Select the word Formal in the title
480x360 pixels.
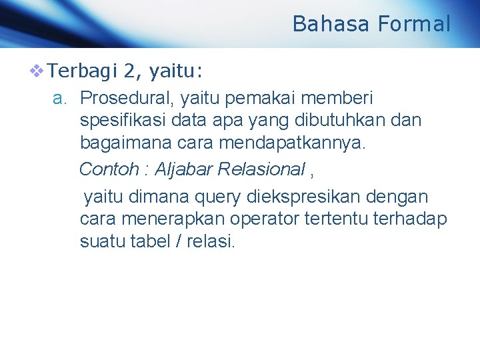pyautogui.click(x=414, y=24)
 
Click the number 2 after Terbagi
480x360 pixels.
pyautogui.click(x=129, y=69)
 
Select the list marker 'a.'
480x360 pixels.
pyautogui.click(x=61, y=99)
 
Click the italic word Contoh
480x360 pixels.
pyautogui.click(x=108, y=169)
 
